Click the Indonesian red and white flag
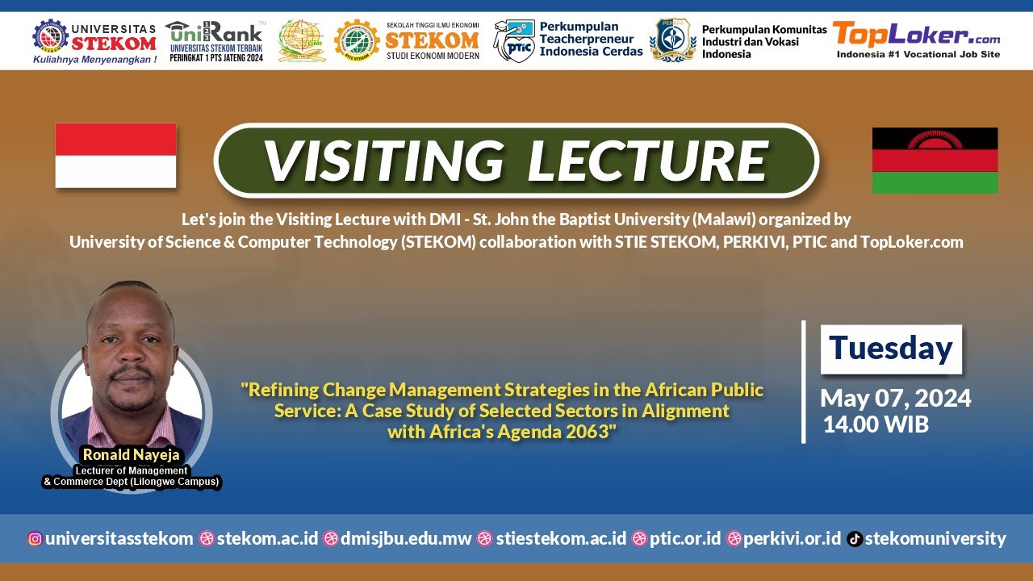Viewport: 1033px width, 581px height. coord(115,155)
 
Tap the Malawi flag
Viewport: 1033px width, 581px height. coord(935,160)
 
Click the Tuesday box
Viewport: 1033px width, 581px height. coord(891,349)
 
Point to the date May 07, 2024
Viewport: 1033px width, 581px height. coord(895,398)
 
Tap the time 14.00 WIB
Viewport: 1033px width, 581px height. coord(876,424)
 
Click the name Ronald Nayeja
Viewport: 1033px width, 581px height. coord(131,455)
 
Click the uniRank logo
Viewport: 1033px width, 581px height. coord(214,34)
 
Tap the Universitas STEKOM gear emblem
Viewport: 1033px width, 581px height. coord(50,36)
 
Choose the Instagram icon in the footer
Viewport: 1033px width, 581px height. coord(35,539)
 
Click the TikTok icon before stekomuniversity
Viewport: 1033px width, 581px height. coord(855,539)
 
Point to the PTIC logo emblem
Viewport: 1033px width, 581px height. coord(513,41)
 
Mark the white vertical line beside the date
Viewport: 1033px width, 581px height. coord(804,382)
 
